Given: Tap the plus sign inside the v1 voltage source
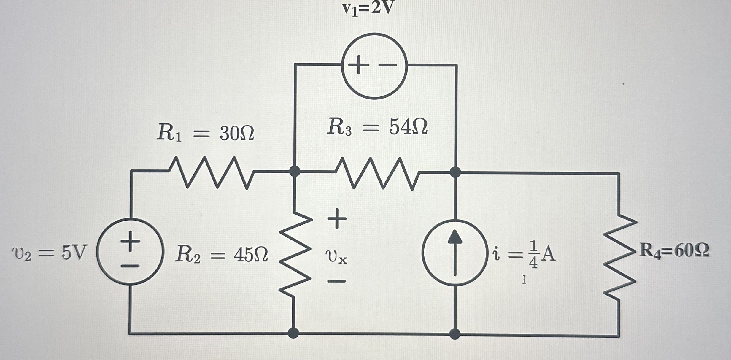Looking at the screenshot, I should click(358, 65).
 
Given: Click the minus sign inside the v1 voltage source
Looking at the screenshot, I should click(387, 65).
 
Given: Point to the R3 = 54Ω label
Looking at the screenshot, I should click(377, 127).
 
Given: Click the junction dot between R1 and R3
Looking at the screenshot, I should click(294, 171).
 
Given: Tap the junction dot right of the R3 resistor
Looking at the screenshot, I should click(455, 172).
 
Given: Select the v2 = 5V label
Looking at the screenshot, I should click(49, 253).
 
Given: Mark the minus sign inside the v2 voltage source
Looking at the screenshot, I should click(130, 266).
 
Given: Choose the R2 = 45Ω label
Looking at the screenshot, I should click(221, 255).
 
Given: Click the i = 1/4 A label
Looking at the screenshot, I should click(524, 255).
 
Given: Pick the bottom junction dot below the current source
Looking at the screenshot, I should click(455, 334).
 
